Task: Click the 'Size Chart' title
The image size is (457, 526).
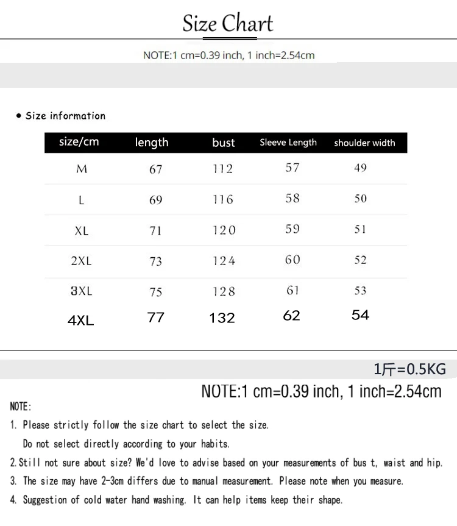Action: pyautogui.click(x=228, y=24)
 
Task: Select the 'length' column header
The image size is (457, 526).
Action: pyautogui.click(x=152, y=143)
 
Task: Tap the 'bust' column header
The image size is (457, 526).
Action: pyautogui.click(x=224, y=143)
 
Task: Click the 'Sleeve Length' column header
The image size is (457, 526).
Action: pyautogui.click(x=288, y=143)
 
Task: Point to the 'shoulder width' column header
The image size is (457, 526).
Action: pyautogui.click(x=364, y=143)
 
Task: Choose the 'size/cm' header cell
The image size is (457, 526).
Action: pyautogui.click(x=79, y=142)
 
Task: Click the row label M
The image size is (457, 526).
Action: pyautogui.click(x=82, y=169)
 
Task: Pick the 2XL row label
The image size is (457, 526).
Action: pyautogui.click(x=82, y=261)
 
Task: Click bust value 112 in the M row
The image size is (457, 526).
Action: pyautogui.click(x=223, y=169)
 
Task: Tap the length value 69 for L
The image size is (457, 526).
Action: pyautogui.click(x=156, y=200)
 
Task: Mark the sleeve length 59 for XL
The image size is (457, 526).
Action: pyautogui.click(x=292, y=229)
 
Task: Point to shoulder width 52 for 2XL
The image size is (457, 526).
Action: pyautogui.click(x=361, y=260)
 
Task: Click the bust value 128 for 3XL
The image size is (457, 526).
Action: pyautogui.click(x=224, y=291)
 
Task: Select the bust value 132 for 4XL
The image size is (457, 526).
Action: pyautogui.click(x=222, y=318)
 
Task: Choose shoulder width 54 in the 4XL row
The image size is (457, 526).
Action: pyautogui.click(x=361, y=315)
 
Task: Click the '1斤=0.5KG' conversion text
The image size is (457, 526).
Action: pyautogui.click(x=409, y=369)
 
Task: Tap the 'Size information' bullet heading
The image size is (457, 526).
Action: pyautogui.click(x=65, y=116)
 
